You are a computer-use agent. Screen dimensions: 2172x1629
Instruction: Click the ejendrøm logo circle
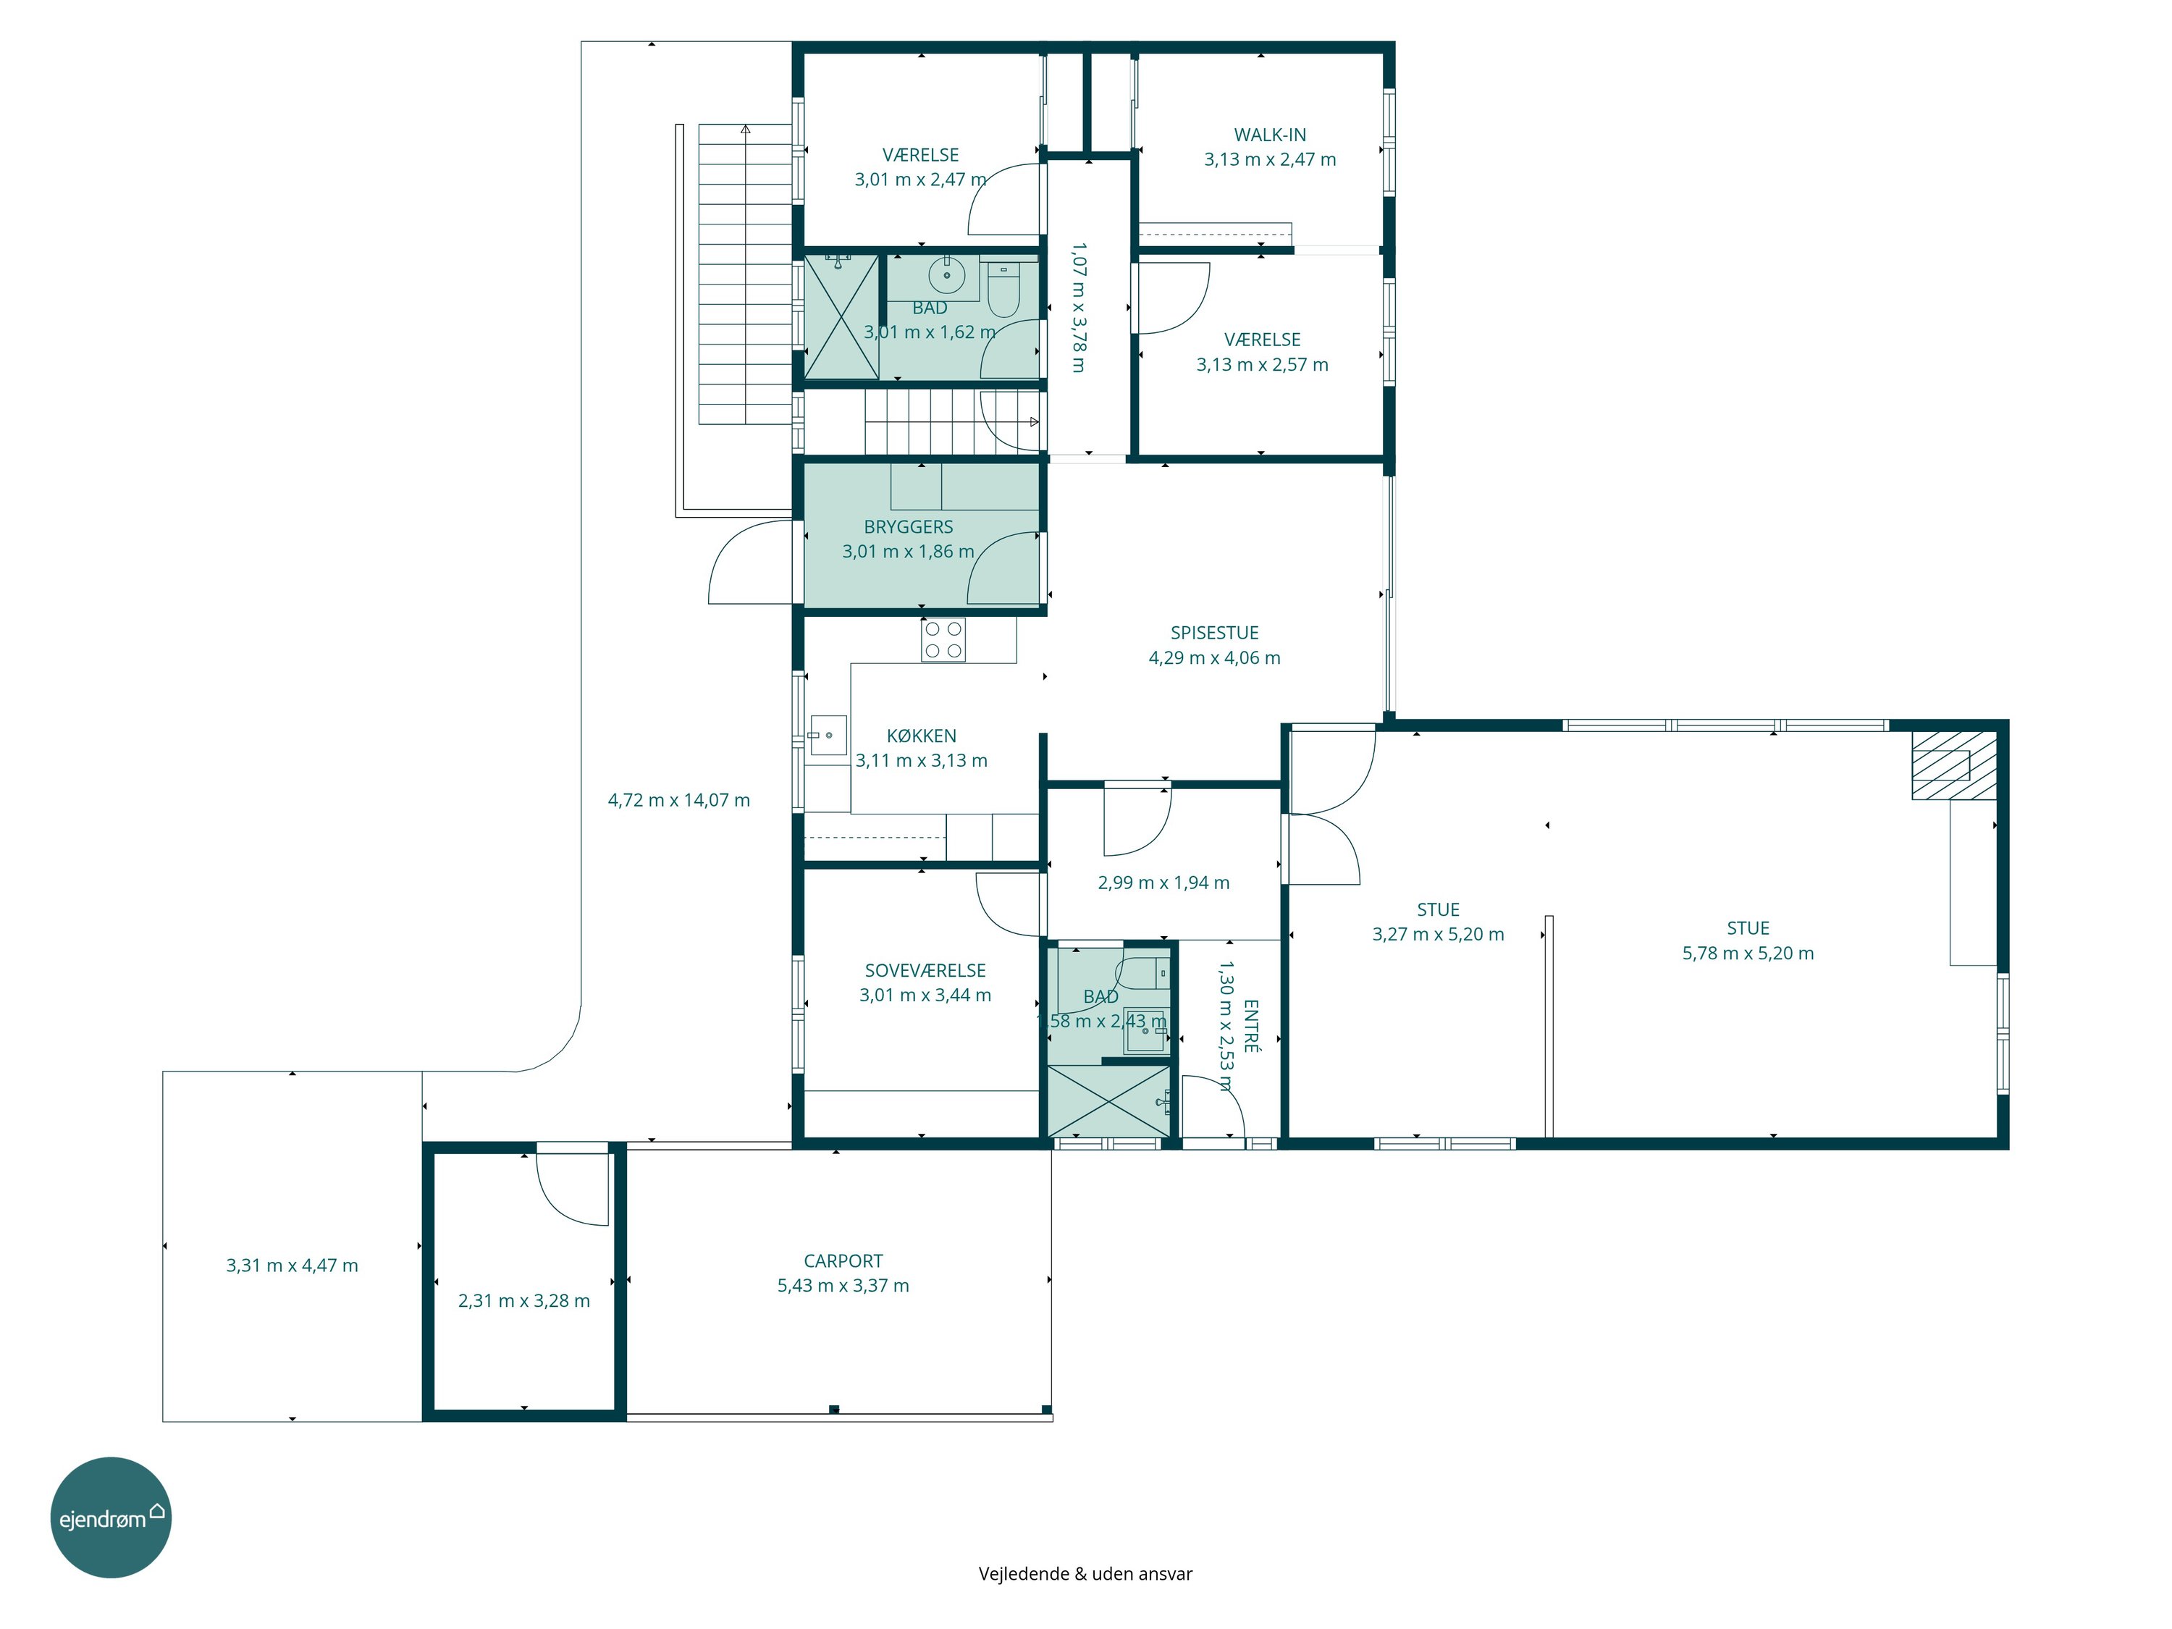(111, 1517)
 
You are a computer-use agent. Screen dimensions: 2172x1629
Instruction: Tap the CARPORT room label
(843, 1260)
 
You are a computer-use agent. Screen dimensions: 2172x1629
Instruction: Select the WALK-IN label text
(1270, 135)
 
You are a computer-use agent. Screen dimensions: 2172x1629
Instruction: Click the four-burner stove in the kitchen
(943, 639)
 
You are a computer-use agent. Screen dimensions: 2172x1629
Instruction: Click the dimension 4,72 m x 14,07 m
(678, 800)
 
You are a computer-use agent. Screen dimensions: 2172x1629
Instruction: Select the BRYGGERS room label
(909, 527)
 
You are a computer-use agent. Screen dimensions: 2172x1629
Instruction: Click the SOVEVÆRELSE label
(925, 970)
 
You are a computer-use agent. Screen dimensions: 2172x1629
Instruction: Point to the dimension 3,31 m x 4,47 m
(292, 1266)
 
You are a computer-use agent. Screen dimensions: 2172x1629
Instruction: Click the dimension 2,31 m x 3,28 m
(524, 1301)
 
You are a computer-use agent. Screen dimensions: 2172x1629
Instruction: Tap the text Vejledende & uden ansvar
(1085, 1574)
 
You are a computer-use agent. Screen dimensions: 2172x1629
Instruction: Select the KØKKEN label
(921, 736)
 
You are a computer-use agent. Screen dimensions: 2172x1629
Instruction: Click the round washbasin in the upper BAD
(946, 275)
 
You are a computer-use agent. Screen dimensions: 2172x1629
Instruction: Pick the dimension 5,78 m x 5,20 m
(1748, 954)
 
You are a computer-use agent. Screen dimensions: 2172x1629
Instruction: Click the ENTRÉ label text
(1251, 1026)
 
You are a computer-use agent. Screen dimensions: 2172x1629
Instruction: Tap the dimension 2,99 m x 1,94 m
(1163, 883)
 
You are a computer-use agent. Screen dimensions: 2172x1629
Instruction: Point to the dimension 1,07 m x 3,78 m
(1078, 308)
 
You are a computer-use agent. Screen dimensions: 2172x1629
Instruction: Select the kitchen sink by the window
(828, 734)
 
